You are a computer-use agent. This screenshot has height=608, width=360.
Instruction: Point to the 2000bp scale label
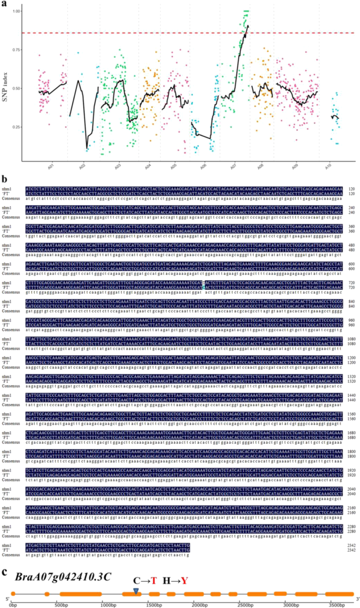pos(199,604)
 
